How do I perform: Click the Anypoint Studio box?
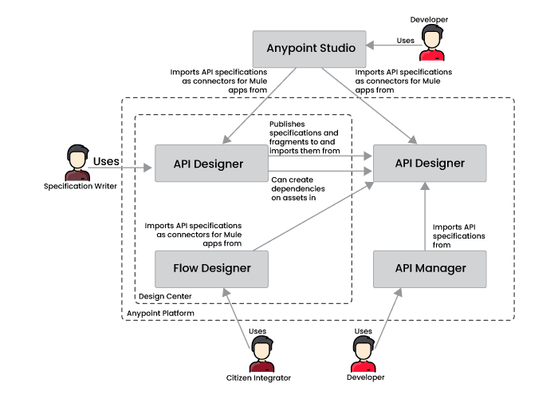[309, 49]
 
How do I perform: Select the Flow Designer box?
[211, 268]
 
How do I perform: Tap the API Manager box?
[430, 268]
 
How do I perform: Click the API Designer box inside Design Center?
[209, 164]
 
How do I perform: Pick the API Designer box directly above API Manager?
[430, 163]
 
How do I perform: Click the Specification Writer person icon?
[77, 164]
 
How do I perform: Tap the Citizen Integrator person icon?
[261, 354]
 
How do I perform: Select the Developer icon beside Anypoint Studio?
[431, 42]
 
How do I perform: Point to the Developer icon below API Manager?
[363, 354]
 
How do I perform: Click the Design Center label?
[165, 296]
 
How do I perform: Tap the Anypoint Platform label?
[160, 314]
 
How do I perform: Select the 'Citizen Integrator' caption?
[259, 377]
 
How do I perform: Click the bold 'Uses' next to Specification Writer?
[106, 162]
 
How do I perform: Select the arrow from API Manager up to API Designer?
[425, 215]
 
